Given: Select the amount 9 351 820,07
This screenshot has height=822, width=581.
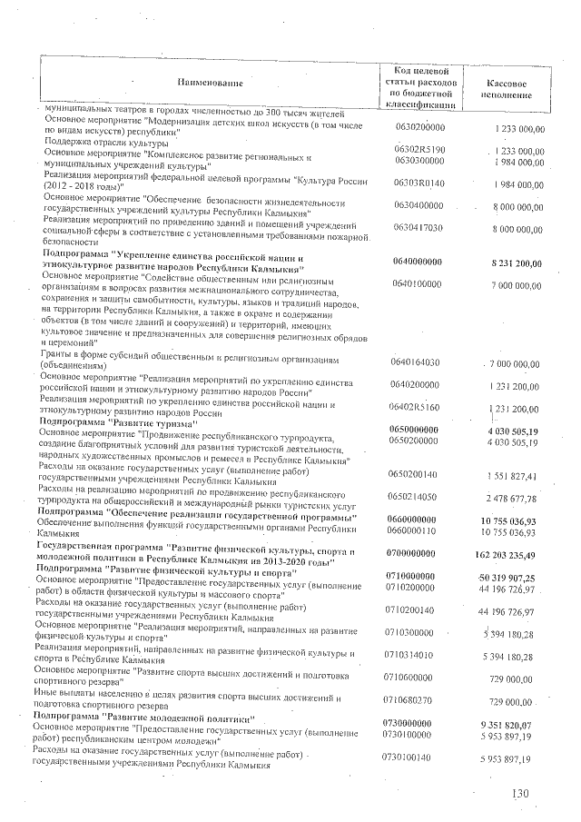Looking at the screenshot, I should pos(510,720).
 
